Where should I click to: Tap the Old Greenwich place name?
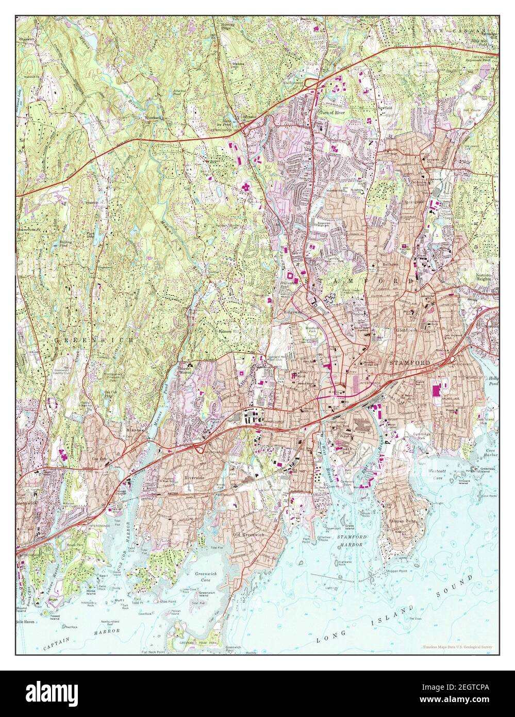[x=248, y=534]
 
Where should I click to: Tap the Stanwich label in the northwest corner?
[x=27, y=39]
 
